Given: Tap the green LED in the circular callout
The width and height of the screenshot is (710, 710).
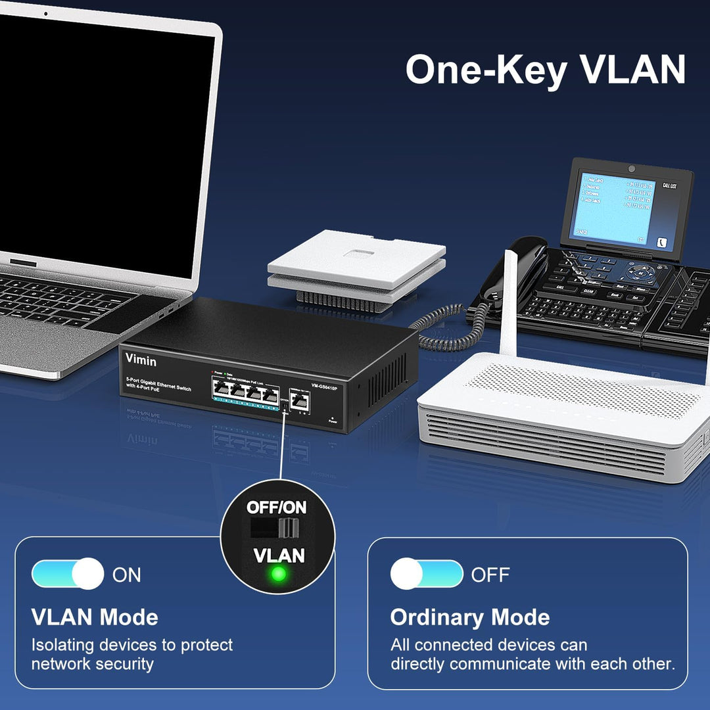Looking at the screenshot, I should click(x=279, y=574).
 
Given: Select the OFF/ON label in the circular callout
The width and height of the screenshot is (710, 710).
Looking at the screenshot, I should click(x=276, y=508).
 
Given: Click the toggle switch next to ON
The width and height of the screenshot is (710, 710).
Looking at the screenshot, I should click(x=68, y=574).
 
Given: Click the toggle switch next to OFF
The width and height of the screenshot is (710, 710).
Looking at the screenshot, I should click(x=427, y=574).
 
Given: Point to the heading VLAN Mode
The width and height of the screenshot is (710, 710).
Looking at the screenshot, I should click(x=95, y=617).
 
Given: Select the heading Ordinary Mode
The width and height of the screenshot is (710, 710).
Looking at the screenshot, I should click(x=470, y=617).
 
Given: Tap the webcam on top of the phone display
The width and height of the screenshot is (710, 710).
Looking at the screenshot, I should click(x=631, y=168).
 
